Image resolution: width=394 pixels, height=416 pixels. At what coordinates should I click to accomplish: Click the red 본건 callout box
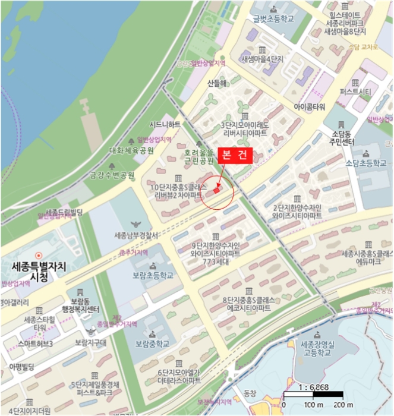pos(234,155)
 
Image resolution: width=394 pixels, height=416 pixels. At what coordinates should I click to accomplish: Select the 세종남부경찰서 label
pos(136,236)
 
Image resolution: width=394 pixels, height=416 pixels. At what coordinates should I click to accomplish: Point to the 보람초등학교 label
pos(153,275)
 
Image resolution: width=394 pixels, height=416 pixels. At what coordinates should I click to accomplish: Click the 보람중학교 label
pos(153,343)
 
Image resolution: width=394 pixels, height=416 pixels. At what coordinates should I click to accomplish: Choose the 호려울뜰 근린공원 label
pos(198,157)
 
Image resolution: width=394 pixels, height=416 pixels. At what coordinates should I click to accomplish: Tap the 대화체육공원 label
pos(131,150)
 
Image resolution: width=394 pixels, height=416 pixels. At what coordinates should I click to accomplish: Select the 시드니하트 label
pos(165,124)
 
